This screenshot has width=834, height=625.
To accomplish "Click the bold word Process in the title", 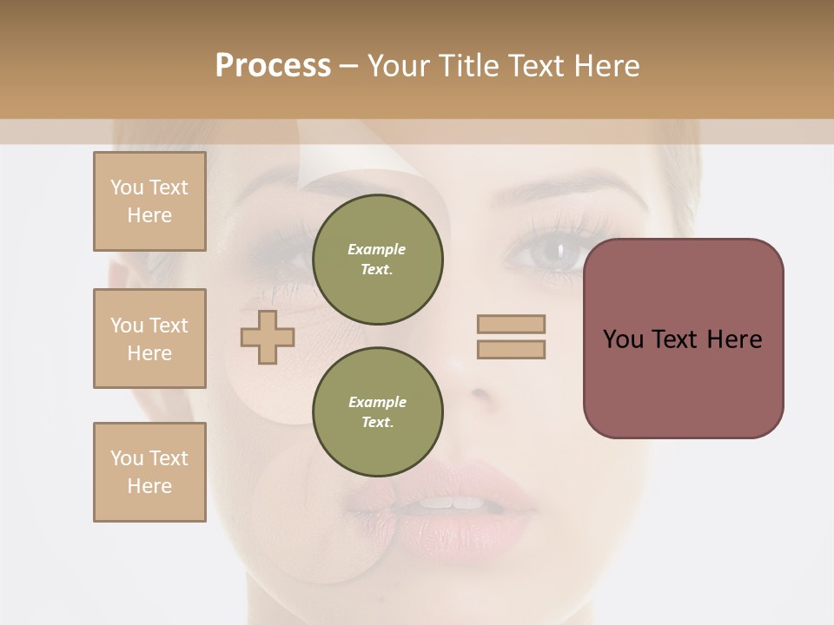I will click(273, 66).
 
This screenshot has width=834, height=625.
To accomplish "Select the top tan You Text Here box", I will click(149, 201).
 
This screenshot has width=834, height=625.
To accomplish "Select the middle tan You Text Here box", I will click(149, 339).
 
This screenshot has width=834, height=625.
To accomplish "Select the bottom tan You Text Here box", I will click(149, 472).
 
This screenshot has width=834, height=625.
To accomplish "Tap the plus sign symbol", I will click(267, 337).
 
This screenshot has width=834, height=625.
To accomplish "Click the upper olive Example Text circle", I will click(378, 259).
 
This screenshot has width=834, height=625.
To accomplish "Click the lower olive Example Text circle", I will click(378, 411).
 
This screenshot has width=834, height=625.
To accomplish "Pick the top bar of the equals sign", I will click(511, 324).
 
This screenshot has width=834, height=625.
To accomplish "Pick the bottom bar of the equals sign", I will click(511, 349).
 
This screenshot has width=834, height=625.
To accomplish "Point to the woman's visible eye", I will click(546, 253).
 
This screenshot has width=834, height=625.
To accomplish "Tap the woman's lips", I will click(443, 503).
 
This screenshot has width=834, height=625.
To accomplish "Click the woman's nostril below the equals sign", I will click(480, 393).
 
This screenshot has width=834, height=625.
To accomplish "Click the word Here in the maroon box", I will click(734, 339).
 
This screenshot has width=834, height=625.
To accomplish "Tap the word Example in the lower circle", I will click(377, 402).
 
